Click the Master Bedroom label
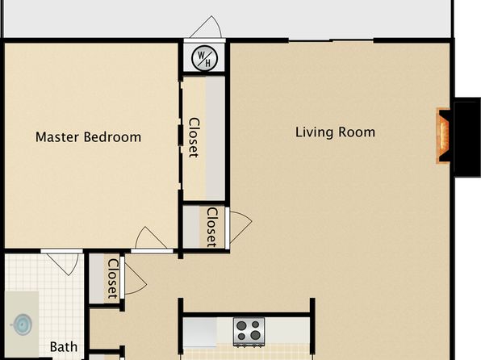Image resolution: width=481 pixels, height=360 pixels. pos(88,137)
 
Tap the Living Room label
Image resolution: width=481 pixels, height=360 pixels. pos(335,132)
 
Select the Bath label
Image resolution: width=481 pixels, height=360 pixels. pos(64,347)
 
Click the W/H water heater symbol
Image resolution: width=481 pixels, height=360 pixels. pos(204,58)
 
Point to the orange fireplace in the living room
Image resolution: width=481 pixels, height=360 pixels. pos(443,136)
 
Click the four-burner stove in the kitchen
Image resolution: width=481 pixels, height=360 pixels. pos(249,332)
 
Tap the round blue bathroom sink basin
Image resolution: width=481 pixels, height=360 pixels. pos(22,324)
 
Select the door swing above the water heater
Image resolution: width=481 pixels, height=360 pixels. pos(206,27)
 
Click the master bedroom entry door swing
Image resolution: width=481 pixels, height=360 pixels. pos(151,238)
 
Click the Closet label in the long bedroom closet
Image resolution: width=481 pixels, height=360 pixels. pos(194,137)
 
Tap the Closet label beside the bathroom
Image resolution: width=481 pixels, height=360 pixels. pos(112,278)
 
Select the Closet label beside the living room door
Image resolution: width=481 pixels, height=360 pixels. pos(212,228)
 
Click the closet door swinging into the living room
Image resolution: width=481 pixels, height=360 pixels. pos(240,227)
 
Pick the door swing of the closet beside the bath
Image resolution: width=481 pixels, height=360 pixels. pos(136,279)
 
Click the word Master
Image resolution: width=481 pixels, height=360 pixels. pos(57,137)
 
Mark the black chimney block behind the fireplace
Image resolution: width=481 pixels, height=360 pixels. pos(467,137)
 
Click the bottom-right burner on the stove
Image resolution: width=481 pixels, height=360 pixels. pos(255,335)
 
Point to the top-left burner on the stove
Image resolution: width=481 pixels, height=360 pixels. pos(241,325)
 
